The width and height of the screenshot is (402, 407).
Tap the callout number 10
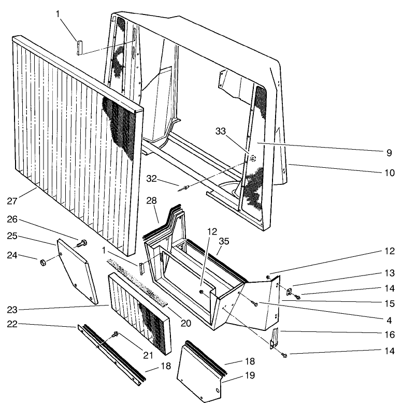click(389, 172)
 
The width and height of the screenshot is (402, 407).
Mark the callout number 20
click(185, 323)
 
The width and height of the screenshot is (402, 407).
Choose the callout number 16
click(389, 335)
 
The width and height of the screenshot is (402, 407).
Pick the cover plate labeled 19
click(199, 375)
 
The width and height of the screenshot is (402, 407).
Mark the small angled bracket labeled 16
click(275, 339)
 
